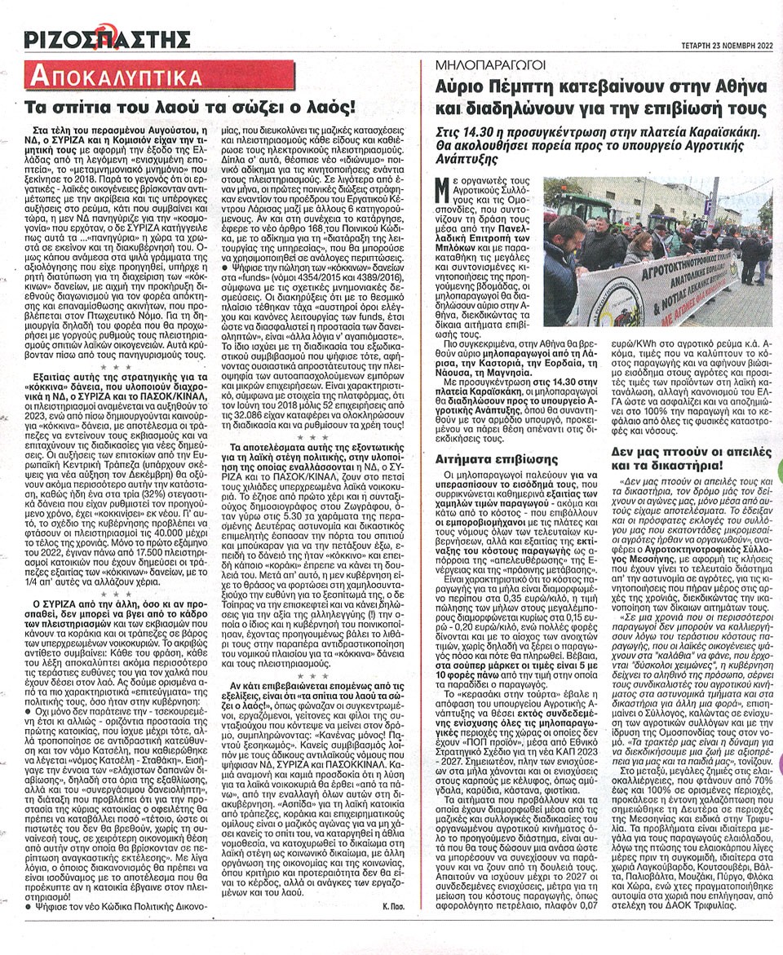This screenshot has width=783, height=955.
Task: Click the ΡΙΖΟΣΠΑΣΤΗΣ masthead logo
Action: click(x=107, y=38)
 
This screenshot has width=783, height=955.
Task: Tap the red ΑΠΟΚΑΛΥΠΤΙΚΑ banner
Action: click(x=114, y=78)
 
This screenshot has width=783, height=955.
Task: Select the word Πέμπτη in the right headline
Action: click(x=522, y=86)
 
